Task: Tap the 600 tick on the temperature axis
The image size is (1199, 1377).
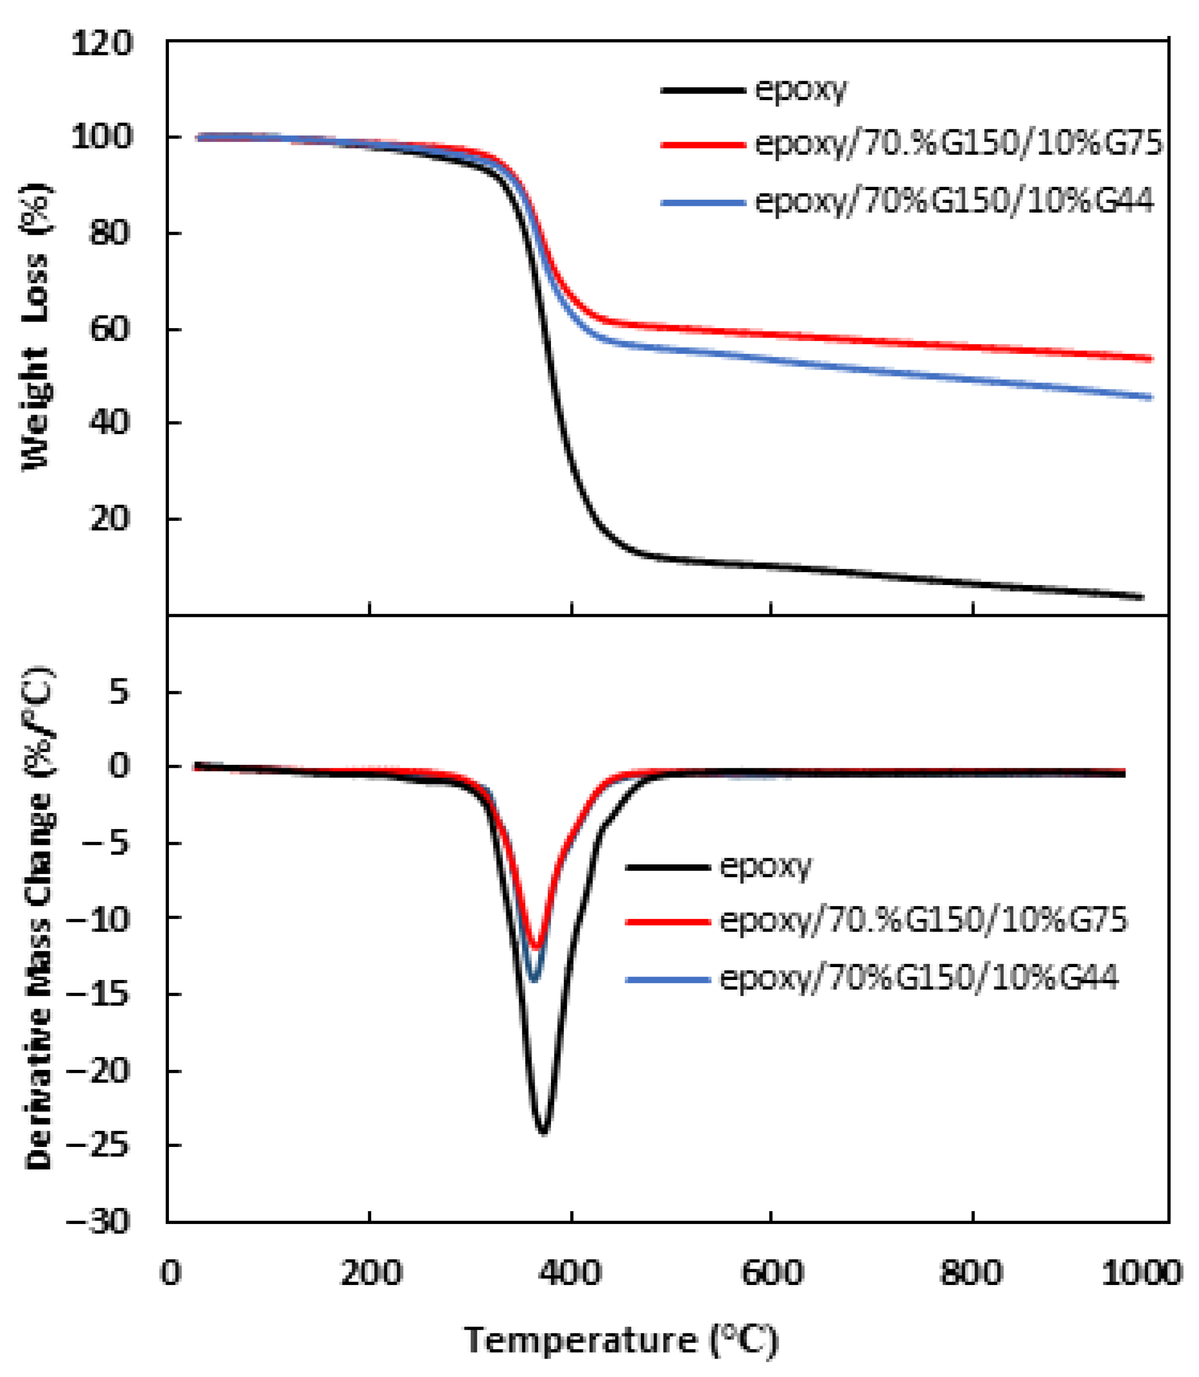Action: tap(771, 1273)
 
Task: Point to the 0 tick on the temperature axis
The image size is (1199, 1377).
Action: tap(172, 1273)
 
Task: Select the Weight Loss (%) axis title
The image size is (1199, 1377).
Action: tap(37, 328)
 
